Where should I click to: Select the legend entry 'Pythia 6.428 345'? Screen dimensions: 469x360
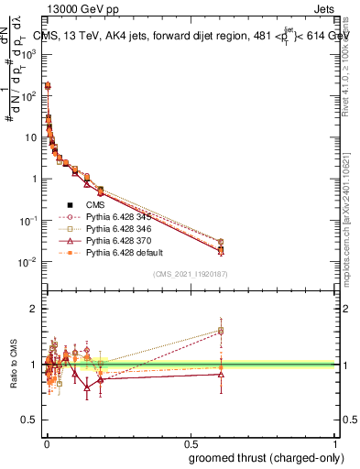click(120, 216)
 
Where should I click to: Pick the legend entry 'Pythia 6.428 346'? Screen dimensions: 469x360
click(120, 228)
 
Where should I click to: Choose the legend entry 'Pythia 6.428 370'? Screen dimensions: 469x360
click(120, 240)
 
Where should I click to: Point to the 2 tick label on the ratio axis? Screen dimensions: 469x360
click(35, 309)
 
